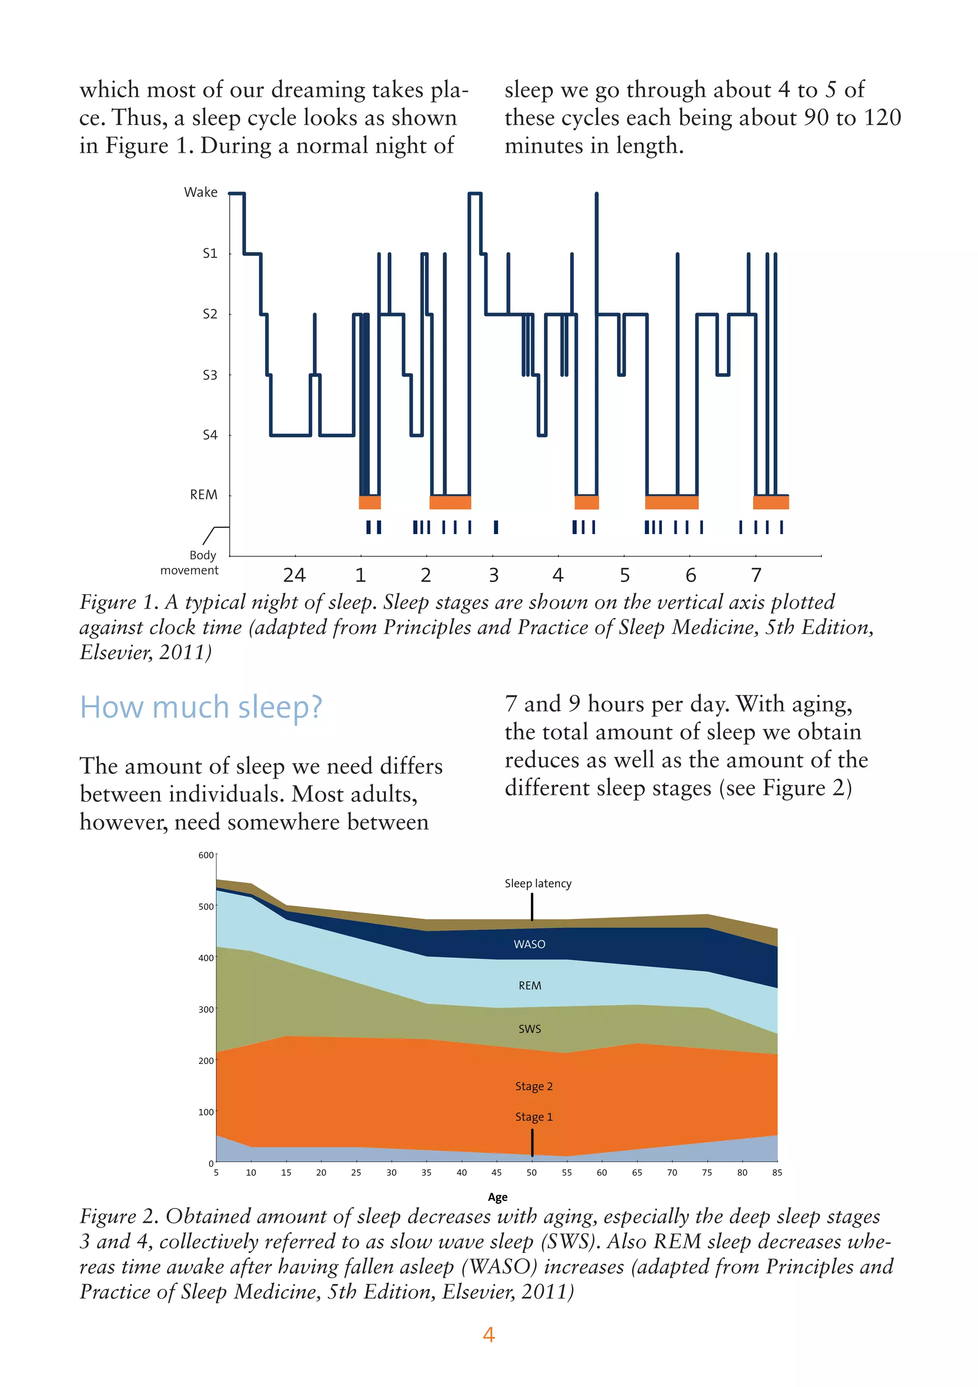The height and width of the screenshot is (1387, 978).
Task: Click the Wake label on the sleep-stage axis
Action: (x=201, y=192)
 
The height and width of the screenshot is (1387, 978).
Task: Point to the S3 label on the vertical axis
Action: (x=210, y=375)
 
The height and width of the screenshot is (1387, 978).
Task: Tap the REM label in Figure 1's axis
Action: (x=204, y=495)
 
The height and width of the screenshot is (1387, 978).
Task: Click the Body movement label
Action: (x=189, y=562)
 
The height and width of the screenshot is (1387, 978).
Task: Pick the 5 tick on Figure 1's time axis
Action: (x=625, y=575)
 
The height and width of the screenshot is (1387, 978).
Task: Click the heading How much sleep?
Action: (x=201, y=707)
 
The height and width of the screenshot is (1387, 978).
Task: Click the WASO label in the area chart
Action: (x=530, y=944)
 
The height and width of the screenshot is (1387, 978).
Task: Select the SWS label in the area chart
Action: (x=530, y=1029)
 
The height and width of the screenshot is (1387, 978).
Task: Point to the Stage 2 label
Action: (x=534, y=1086)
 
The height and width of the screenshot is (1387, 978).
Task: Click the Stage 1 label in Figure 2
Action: (x=534, y=1117)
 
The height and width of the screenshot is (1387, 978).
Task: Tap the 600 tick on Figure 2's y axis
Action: (x=206, y=855)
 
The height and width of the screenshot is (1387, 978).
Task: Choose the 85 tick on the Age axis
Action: (x=777, y=1173)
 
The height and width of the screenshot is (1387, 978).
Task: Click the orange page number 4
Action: (x=489, y=1334)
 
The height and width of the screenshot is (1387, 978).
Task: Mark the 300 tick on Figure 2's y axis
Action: (x=206, y=1009)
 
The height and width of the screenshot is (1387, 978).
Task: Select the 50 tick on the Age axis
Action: (x=532, y=1173)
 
